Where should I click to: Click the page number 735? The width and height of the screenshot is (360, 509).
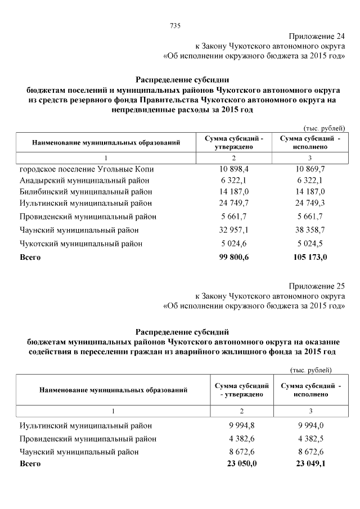174,25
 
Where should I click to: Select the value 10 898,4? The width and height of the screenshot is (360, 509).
235,169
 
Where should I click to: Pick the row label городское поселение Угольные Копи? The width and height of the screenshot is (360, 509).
87,169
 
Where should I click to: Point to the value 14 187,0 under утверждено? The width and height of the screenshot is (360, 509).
235,192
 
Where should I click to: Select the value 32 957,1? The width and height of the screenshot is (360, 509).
235,230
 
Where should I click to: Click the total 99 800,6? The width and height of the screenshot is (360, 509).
235,257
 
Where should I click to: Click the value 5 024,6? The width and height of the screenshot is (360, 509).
235,244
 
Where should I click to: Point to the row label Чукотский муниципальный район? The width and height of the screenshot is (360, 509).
81,244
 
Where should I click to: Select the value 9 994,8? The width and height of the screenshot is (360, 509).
239,426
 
